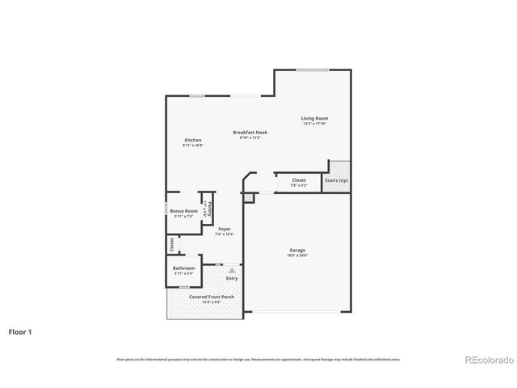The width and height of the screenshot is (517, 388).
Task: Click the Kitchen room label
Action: click(192, 140)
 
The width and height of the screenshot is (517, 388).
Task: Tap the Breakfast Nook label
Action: click(250, 132)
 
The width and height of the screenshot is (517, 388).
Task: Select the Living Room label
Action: click(315, 118)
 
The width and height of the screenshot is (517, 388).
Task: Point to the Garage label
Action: click(297, 250)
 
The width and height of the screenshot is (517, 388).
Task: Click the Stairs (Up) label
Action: click(337, 180)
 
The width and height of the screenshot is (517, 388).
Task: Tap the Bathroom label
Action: click(184, 268)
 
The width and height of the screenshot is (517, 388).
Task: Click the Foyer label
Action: click(225, 229)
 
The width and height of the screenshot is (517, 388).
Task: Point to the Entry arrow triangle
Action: click(233, 270)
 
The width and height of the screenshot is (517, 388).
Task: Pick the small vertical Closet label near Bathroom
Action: click(171, 244)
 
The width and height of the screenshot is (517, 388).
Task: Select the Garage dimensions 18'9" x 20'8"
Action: click(297, 255)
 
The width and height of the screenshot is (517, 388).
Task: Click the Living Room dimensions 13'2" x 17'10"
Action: click(315, 124)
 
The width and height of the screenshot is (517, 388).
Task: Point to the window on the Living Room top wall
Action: click(312, 70)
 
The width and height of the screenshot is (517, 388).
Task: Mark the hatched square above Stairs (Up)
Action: click(338, 166)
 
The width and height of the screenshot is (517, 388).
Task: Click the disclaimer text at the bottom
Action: click(258, 359)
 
